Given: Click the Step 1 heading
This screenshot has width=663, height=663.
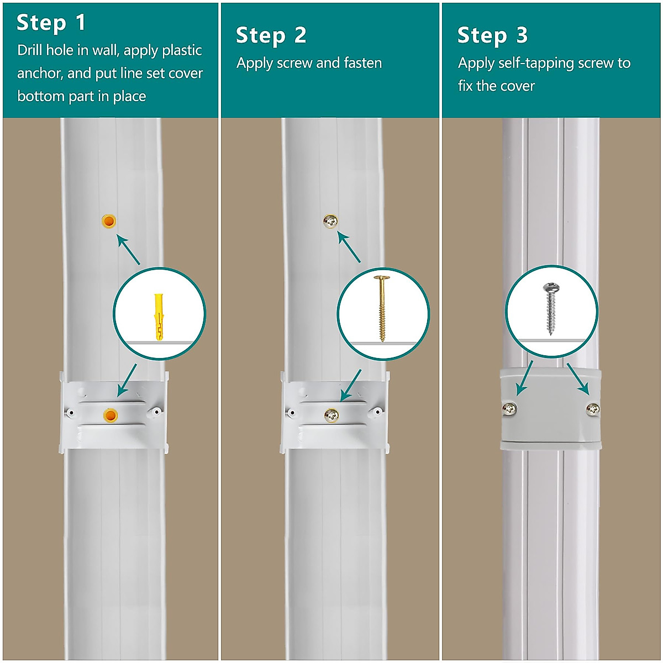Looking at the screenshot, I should [51, 23].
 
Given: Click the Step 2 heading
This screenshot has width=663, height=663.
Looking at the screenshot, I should [271, 35].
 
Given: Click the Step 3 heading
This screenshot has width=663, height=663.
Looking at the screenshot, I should [492, 35].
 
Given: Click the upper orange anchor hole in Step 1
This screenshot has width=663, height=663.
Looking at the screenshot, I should [109, 222].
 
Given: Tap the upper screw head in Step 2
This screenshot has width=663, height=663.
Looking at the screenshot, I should [330, 222].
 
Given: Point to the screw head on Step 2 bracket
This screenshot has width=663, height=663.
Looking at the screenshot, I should [331, 415].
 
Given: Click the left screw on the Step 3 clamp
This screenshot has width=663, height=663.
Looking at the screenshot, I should [509, 409].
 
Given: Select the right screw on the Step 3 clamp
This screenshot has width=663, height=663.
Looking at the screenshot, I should [592, 409].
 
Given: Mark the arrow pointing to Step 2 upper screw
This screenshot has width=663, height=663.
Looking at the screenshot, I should [349, 248].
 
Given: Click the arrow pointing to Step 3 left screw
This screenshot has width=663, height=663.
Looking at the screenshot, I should [523, 378].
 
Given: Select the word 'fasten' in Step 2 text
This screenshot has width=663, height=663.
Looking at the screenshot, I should [362, 63].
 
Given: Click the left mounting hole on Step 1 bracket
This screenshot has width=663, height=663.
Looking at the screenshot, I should [70, 412].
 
